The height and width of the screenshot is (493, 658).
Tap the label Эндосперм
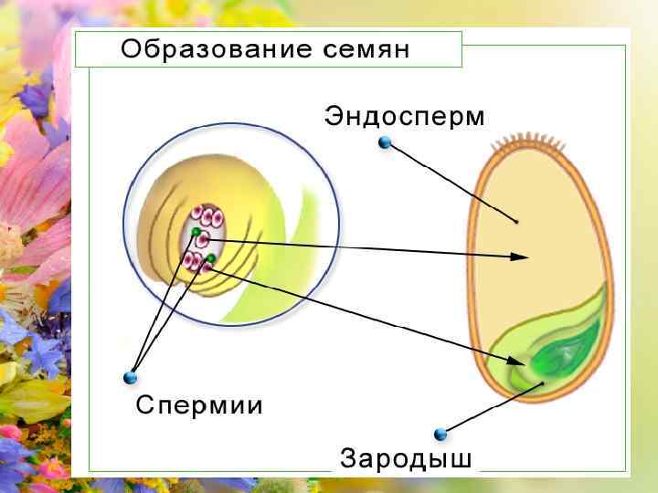point(404,116)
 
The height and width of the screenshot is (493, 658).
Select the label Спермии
point(199,404)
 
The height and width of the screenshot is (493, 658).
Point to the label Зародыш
point(406,457)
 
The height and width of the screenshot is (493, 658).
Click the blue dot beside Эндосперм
point(385,142)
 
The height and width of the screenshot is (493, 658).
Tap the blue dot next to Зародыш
point(440,434)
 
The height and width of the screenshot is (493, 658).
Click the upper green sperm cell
point(196,234)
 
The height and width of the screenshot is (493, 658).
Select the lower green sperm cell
point(211,259)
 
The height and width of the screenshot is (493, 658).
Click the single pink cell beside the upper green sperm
point(205,240)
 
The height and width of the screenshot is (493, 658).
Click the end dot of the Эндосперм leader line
point(516,221)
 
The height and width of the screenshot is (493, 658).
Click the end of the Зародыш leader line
point(542,383)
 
